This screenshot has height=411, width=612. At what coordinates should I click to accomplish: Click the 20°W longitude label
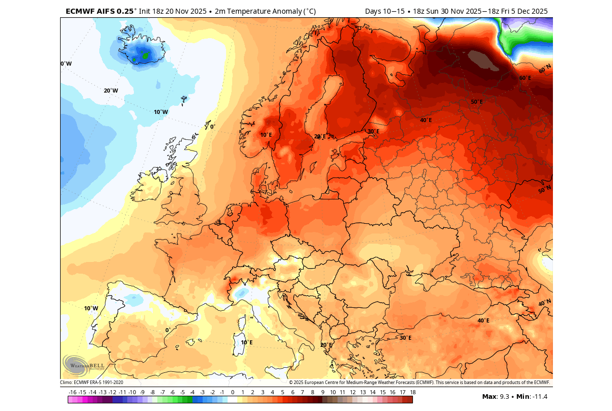(x=111, y=91)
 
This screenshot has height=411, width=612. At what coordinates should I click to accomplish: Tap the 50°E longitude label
(x=477, y=102)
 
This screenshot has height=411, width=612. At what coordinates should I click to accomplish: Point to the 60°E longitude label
(x=525, y=78)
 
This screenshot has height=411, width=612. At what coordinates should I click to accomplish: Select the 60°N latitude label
(x=545, y=68)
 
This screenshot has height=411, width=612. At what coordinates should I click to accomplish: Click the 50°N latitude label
(x=545, y=190)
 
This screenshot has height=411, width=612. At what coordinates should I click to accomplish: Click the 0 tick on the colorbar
(x=233, y=392)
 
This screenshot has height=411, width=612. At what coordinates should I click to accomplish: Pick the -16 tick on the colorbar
(x=72, y=392)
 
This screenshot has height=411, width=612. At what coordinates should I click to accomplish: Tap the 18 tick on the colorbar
(x=412, y=392)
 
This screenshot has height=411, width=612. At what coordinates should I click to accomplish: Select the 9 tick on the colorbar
(x=323, y=392)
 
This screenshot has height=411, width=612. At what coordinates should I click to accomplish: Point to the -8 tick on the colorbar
(x=152, y=392)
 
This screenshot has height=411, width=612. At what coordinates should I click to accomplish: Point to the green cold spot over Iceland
(x=145, y=56)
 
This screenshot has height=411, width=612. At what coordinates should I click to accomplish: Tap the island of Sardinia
(x=239, y=345)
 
